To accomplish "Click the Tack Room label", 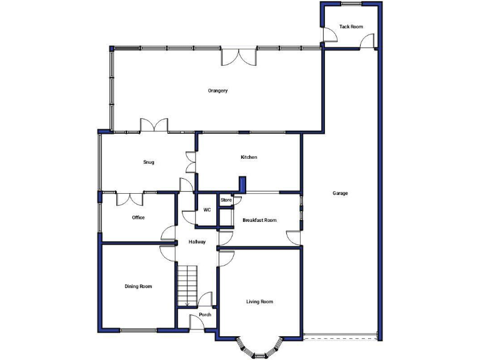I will click(351, 27).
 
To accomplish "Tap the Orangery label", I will click(217, 91).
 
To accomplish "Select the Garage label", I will click(340, 193).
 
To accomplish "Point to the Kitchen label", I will click(249, 157).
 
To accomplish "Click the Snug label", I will click(148, 162).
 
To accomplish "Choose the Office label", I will click(138, 217).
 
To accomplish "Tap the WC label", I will click(207, 209).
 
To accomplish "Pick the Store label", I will click(226, 200).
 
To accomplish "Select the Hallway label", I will click(196, 241).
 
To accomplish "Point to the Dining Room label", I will click(138, 286).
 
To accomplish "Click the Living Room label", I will click(259, 302).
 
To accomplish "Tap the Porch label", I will click(204, 314).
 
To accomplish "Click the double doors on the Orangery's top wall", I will click(238, 56).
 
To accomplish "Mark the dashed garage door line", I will click(341, 339).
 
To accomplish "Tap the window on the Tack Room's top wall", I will click(351, 4).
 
